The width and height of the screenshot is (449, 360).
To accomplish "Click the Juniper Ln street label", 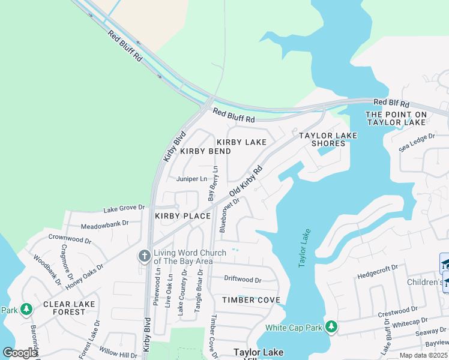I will [x=191, y=179].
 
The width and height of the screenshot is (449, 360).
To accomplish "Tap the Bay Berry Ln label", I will [x=212, y=184].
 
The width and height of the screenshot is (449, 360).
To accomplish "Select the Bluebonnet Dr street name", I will [x=231, y=215].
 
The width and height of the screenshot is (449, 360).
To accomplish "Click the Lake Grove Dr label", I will [x=124, y=209].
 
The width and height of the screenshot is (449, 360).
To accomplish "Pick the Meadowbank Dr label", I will [x=104, y=224].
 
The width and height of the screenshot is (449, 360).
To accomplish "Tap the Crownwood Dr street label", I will [x=70, y=239].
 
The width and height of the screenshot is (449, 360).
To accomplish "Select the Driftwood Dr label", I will [x=243, y=279].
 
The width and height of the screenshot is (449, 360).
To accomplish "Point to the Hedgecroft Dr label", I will [x=378, y=271].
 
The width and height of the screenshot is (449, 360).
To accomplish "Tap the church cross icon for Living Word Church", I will [x=144, y=256].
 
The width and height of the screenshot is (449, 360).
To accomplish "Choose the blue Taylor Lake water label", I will [x=305, y=248].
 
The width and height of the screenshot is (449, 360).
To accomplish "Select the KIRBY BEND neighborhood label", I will [x=205, y=151].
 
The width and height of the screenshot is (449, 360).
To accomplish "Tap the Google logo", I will [x=20, y=353].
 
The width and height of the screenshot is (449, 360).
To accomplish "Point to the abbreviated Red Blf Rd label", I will [x=391, y=103].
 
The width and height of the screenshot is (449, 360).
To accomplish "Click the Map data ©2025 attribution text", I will [x=424, y=355].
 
